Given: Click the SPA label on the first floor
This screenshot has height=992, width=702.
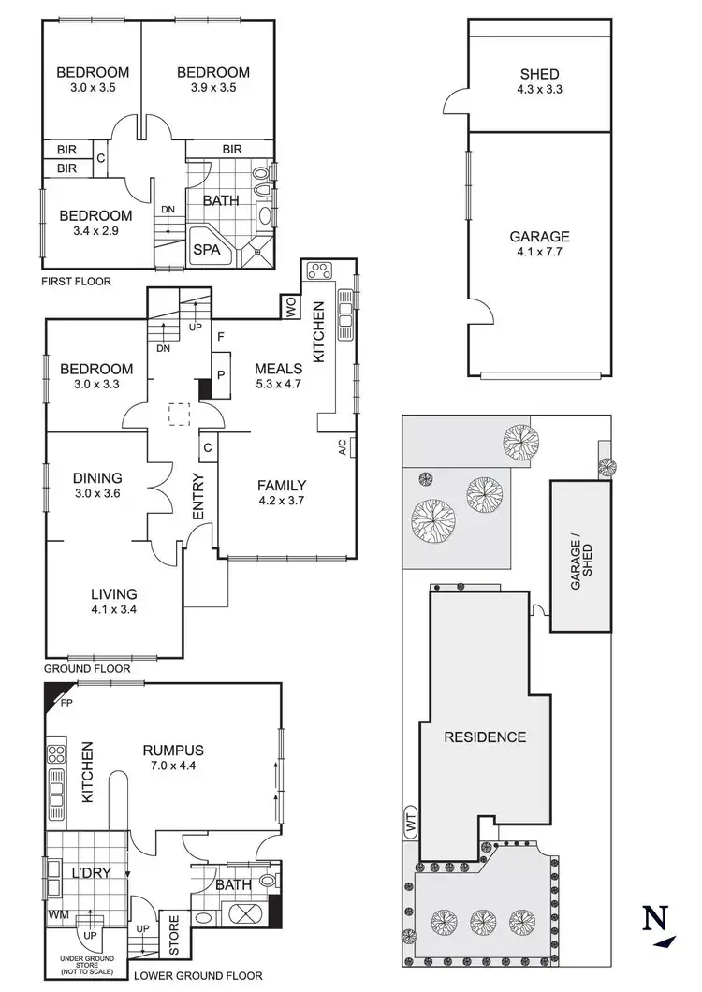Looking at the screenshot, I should coord(205,250).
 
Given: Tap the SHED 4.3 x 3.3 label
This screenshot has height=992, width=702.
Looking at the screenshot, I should coord(539,82).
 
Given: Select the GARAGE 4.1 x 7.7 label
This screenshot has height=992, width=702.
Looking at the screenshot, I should coord(539,244).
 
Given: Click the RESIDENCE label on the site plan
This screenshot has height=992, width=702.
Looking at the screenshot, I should coord(484,737).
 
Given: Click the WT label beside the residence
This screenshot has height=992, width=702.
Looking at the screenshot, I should coord(409,820).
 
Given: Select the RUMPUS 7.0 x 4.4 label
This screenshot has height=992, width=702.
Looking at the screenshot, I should coord(173,757).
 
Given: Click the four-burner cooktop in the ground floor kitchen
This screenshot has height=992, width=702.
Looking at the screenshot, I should coord(320,270).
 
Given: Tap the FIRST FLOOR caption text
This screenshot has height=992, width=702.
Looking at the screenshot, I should coord(77,281).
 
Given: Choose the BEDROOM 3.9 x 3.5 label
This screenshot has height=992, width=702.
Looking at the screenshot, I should coord(213,80).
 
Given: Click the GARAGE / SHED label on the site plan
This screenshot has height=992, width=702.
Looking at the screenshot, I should coord(581,556).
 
